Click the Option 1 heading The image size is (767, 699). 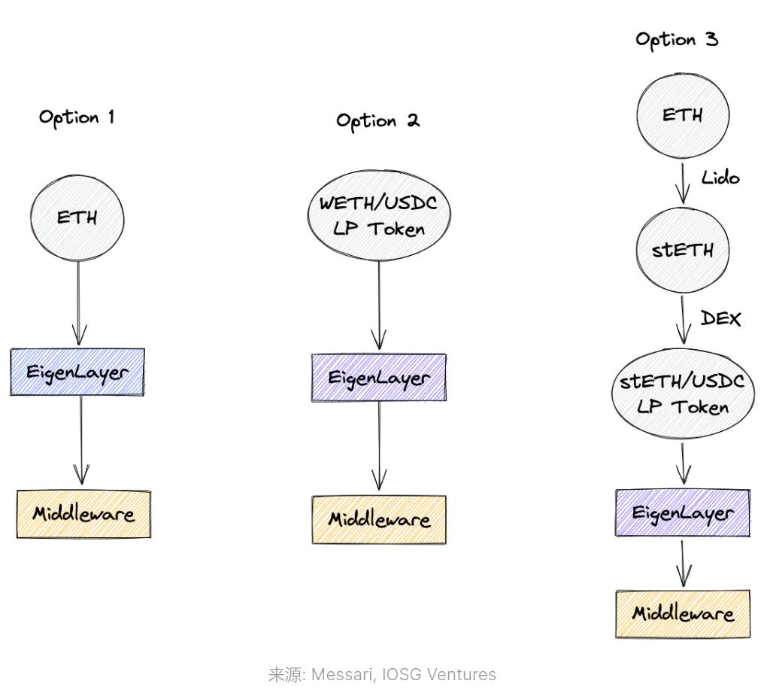(x=77, y=117)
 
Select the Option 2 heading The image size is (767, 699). (x=377, y=120)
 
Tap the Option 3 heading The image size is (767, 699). (x=677, y=40)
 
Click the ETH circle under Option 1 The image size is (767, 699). (x=77, y=217)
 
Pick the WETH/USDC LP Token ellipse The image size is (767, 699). (x=379, y=215)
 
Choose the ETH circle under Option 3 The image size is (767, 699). (x=683, y=116)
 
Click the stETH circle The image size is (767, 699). (x=683, y=251)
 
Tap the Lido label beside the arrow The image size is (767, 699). (x=720, y=178)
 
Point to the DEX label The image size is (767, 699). (x=720, y=319)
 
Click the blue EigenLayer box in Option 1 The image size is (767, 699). (x=77, y=372)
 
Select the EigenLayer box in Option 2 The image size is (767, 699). (x=379, y=377)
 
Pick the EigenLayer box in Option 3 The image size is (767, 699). (x=683, y=513)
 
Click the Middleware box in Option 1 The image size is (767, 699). (x=83, y=515)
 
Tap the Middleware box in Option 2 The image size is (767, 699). (x=379, y=519)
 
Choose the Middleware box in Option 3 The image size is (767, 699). (x=683, y=613)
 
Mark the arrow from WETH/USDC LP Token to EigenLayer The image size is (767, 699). (x=379, y=305)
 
